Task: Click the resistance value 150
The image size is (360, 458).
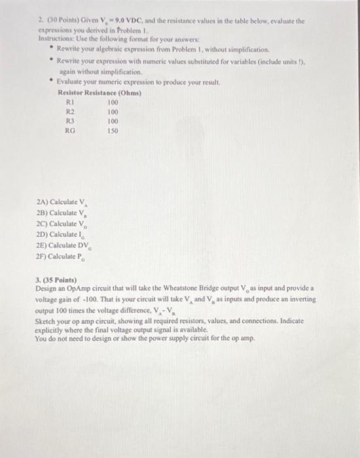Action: (113, 130)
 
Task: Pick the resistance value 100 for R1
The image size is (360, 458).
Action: (113, 103)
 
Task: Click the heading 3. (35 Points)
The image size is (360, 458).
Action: (57, 279)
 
